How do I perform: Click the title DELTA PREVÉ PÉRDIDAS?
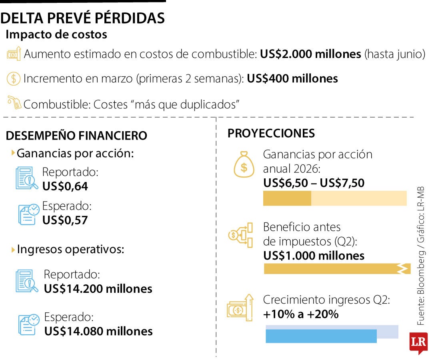point(83,18)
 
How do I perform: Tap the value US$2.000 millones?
point(310,54)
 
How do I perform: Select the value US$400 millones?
point(292,78)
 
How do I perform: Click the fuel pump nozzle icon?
point(14,103)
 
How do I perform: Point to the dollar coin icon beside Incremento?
point(13,78)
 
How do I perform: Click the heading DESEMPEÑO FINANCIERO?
point(76,136)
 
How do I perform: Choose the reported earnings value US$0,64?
point(65,186)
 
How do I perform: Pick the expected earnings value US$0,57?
point(65,220)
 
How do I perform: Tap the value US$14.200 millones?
point(98,288)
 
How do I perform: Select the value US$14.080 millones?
point(98,331)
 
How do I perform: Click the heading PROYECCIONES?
point(271,133)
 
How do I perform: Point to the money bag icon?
point(244,164)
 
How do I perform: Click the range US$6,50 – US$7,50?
point(314,183)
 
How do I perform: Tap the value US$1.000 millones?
point(314,256)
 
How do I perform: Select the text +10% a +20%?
point(301,314)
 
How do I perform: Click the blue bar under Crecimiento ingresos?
point(321,336)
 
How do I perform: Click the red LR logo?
point(418,342)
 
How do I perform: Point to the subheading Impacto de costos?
point(56,34)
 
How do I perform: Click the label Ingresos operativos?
point(70,250)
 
